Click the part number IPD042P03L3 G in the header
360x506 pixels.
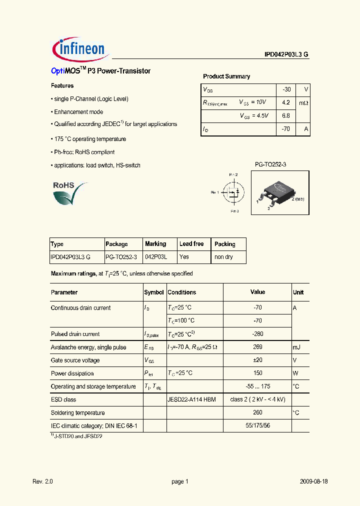point(286,55)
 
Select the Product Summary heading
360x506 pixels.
point(226,76)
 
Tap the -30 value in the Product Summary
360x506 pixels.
point(286,89)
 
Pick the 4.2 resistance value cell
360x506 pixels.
point(286,102)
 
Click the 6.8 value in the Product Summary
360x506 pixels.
point(286,115)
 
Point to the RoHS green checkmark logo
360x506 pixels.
point(69,193)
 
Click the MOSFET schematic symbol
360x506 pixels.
point(233,192)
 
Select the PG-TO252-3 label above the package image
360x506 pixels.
point(270,164)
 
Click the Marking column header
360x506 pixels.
point(155,244)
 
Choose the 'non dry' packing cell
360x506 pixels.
point(223,257)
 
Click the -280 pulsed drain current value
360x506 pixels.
point(258,334)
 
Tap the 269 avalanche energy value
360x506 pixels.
point(258,347)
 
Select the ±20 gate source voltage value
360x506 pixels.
point(258,360)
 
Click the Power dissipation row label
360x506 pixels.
point(72,373)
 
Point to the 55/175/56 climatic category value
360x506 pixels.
point(258,425)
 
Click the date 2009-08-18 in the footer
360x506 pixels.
point(314,481)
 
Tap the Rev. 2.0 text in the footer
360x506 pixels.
point(42,481)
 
